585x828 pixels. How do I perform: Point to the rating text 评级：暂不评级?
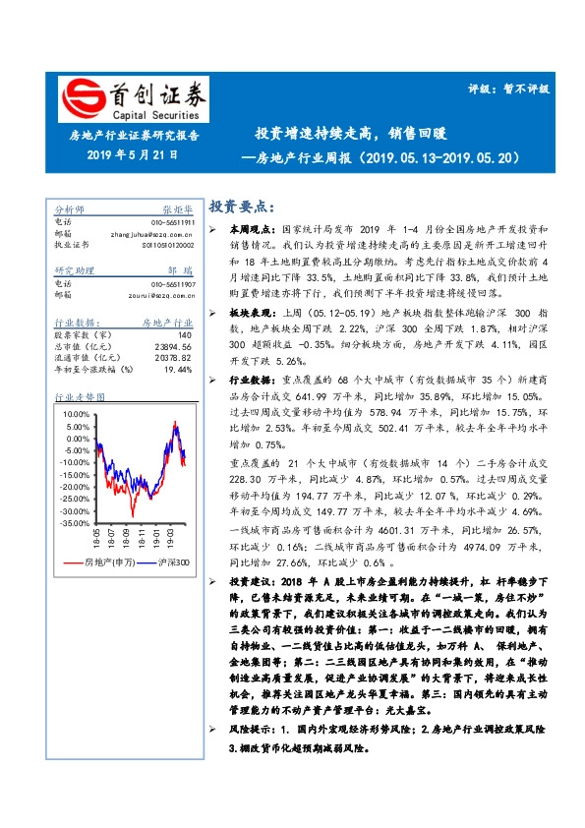(x=508, y=88)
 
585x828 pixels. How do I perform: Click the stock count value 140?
(x=184, y=335)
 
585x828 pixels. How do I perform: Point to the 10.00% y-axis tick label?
(x=75, y=414)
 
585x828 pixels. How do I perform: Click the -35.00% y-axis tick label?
(x=73, y=524)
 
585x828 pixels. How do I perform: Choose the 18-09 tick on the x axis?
(x=126, y=538)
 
